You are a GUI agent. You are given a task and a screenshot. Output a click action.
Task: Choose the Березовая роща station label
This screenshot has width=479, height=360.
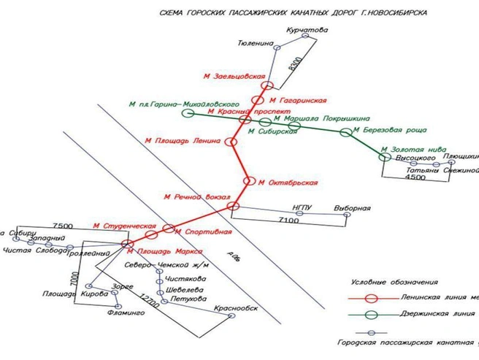tap(382, 131)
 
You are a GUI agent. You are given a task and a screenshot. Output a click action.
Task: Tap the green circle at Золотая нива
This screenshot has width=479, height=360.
tap(385, 154)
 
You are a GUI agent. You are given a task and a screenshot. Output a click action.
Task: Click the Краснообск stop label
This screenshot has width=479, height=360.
tap(237, 307)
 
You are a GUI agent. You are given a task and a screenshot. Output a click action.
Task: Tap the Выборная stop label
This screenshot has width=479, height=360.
tap(352, 208)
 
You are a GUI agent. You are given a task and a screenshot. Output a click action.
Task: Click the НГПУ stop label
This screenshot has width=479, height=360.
tap(302, 208)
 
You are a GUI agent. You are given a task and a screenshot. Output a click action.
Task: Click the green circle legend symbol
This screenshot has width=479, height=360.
tap(371, 314)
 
